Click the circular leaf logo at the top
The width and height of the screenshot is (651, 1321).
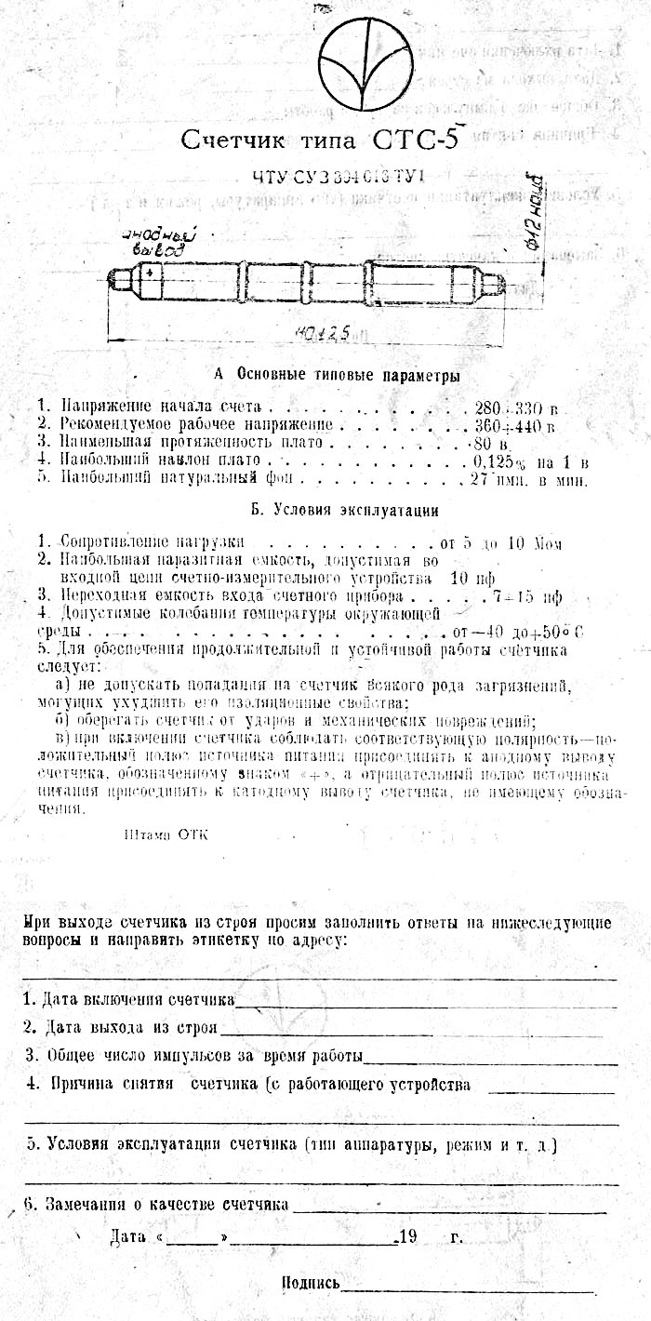[x=366, y=65]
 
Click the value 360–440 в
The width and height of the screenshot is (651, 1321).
[x=514, y=425]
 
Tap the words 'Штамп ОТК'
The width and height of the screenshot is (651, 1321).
[x=166, y=834]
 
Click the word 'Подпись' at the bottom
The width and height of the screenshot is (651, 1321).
[x=311, y=1283]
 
